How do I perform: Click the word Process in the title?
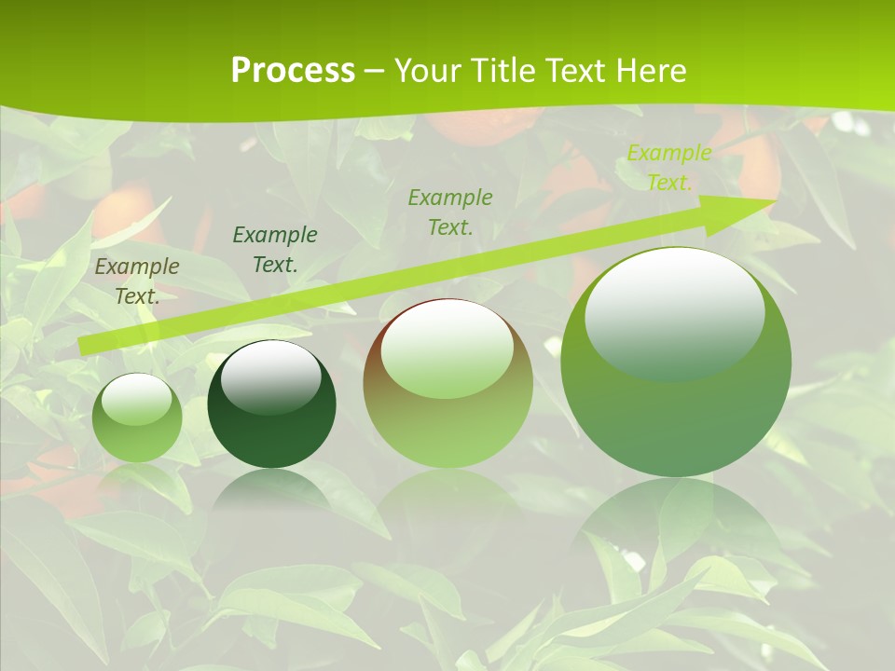[x=293, y=71]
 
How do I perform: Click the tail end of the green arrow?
[x=86, y=346]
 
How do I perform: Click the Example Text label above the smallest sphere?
[x=137, y=281]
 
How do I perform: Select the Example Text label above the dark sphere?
[x=275, y=250]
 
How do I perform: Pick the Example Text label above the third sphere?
[x=450, y=212]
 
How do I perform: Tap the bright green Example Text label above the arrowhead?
[x=668, y=168]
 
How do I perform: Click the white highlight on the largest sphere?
[x=674, y=312]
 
